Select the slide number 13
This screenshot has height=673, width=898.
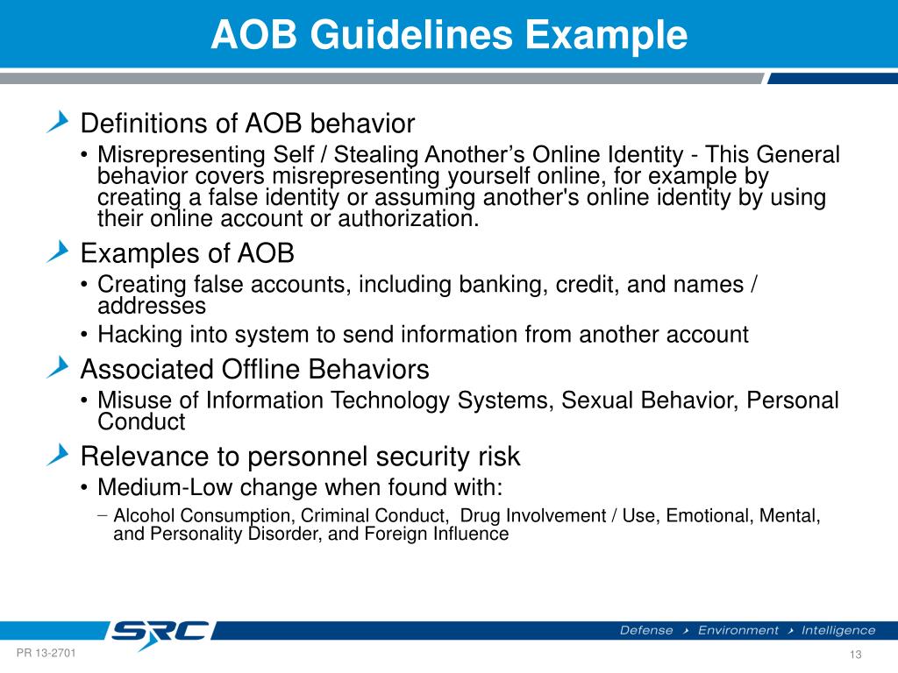pos(856,656)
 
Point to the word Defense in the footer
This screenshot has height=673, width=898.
pos(646,630)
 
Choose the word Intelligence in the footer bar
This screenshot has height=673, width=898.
pos(837,630)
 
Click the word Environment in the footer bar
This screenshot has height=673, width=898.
pos(738,630)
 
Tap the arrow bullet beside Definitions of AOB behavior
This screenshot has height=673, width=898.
pos(58,122)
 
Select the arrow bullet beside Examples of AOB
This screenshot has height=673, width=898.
pos(58,253)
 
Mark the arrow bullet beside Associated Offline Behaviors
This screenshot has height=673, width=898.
pos(58,369)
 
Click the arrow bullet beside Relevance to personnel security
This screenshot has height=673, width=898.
pos(58,455)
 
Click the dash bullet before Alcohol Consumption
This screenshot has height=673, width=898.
pos(103,515)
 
